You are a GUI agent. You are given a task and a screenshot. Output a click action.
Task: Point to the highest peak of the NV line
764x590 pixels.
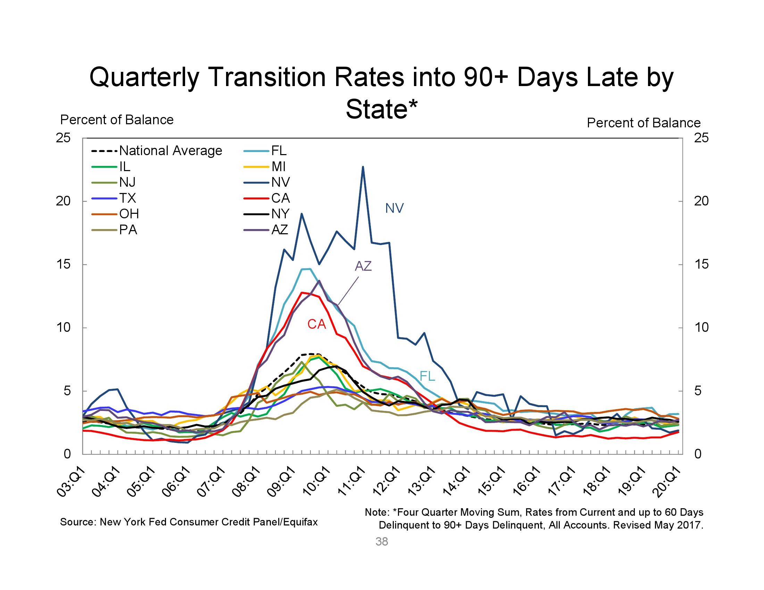[x=363, y=167]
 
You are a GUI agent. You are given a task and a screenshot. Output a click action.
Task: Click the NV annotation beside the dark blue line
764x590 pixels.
[x=394, y=208]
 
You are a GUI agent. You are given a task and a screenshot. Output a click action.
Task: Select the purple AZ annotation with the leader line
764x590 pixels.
[x=363, y=266]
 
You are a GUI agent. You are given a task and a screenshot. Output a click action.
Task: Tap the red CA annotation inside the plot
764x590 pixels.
[x=317, y=324]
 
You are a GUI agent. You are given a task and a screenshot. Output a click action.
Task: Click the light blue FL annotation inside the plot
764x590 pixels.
[x=427, y=376]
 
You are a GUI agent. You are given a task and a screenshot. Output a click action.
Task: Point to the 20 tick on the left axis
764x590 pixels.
[x=63, y=201]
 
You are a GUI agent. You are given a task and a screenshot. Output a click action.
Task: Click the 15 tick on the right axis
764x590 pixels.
[x=701, y=264]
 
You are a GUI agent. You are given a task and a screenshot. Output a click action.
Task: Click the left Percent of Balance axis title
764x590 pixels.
[x=117, y=120]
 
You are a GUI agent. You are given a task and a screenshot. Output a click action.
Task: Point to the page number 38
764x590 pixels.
[x=382, y=541]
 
